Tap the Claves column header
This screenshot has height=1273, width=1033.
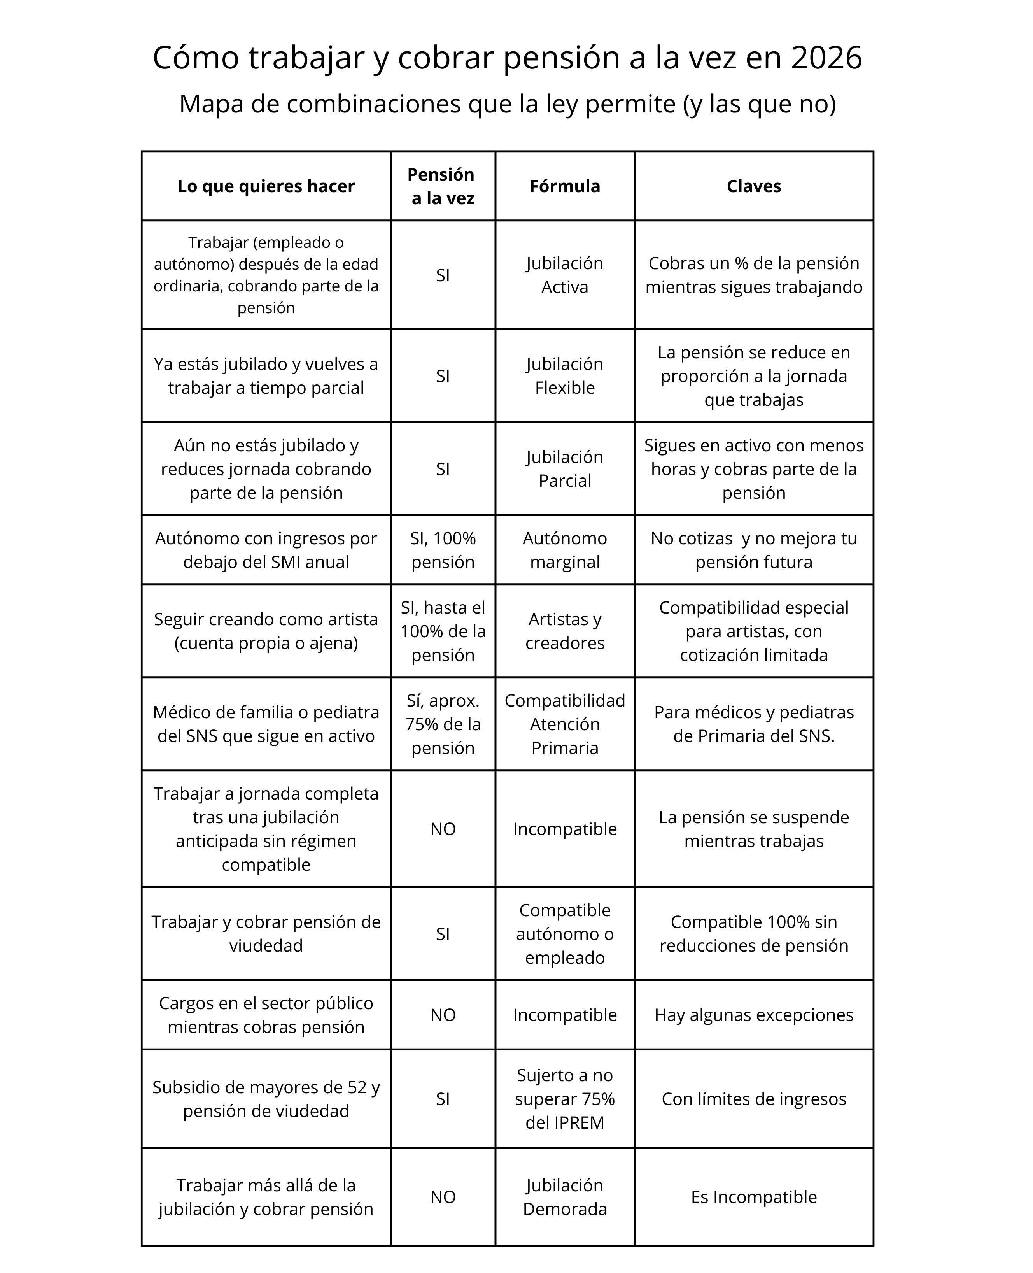[753, 186]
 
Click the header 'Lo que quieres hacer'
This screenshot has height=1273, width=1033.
[266, 186]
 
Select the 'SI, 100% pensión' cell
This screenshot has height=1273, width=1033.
[443, 550]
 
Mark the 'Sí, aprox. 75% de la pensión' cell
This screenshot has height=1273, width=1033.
[443, 724]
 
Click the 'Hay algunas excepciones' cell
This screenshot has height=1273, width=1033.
[753, 1015]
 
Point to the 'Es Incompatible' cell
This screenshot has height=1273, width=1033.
[753, 1197]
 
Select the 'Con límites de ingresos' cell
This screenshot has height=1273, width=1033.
[753, 1099]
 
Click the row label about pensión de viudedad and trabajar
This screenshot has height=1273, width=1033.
[266, 934]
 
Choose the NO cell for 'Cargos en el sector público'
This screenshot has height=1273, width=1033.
[443, 1015]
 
